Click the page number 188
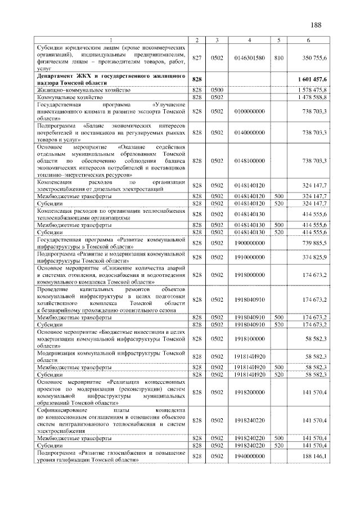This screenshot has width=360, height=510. tap(315, 25)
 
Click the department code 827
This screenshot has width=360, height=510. tap(196, 58)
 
